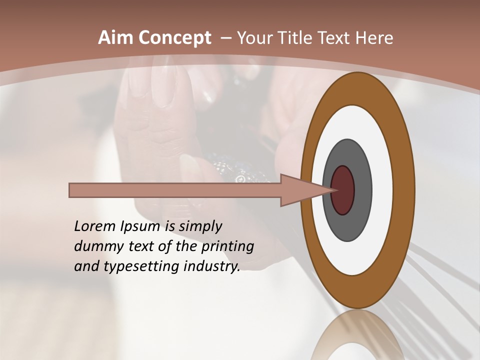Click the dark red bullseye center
pos(342,190)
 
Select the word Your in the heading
pos(253,38)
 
